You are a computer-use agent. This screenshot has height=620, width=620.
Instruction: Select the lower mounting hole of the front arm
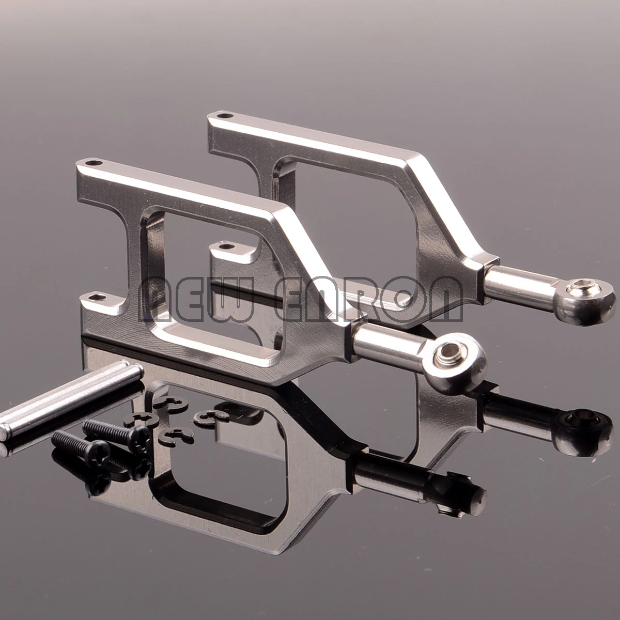click(x=97, y=297)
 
